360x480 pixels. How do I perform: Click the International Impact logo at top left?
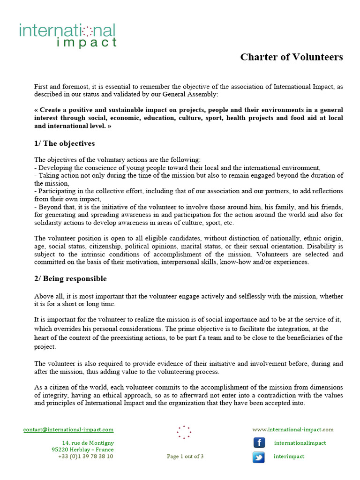coord(67,36)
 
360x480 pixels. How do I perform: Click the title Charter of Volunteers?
coord(292,57)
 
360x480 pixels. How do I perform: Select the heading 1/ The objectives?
coord(65,143)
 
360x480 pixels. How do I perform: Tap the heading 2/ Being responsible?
coord(70,278)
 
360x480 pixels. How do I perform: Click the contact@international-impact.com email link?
coord(68,429)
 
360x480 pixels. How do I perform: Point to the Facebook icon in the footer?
coord(259,443)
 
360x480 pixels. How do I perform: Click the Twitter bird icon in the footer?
coord(259,457)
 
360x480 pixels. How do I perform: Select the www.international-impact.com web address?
coord(293,429)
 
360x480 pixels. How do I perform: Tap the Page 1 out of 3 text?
coord(185,457)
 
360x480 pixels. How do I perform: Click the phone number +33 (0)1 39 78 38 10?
coord(85,456)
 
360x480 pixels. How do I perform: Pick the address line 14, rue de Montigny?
coord(88,443)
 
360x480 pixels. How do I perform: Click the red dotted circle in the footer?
coord(184,432)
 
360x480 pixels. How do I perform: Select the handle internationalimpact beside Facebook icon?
coord(300,443)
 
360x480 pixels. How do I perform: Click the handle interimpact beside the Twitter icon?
coord(289,457)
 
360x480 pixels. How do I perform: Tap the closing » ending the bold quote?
coord(109,126)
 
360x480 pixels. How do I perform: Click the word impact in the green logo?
coord(86,43)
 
